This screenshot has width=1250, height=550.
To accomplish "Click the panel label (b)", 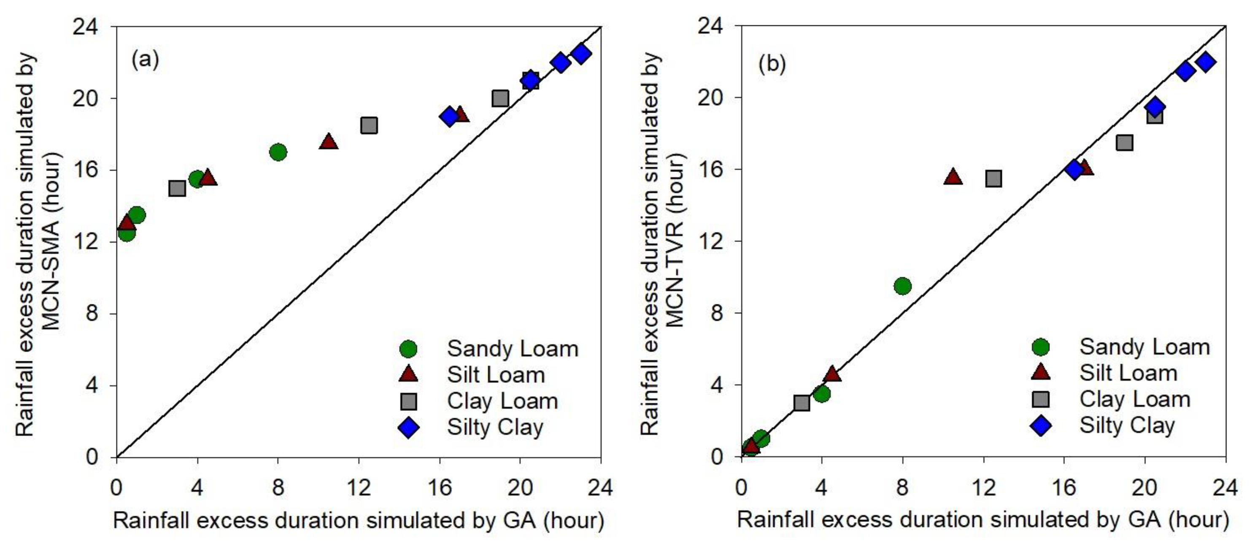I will (x=772, y=64).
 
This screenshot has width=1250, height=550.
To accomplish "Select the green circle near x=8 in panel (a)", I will (x=278, y=152).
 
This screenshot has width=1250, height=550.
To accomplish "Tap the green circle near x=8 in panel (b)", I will (x=902, y=286).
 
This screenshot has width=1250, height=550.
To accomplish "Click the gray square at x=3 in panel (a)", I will (x=177, y=188).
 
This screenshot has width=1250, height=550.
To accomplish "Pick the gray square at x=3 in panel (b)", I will (x=802, y=402).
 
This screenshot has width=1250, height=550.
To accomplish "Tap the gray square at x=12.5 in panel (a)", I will (x=369, y=125).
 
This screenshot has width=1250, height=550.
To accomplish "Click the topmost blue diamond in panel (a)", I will (x=581, y=54).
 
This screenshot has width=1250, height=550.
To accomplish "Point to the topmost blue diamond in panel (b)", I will (x=1205, y=62).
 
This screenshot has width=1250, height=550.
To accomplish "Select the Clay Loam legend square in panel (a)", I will (x=408, y=401).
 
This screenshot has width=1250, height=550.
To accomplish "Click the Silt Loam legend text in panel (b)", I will (x=1128, y=373).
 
